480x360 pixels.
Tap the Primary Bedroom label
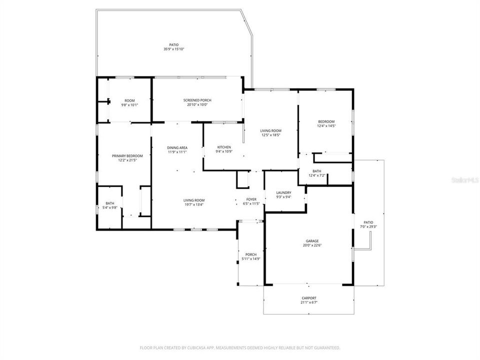pyautogui.click(x=127, y=156)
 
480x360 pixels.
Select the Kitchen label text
pyautogui.click(x=223, y=146)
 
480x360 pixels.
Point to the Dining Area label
pyautogui.click(x=177, y=147)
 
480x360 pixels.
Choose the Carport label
pyautogui.click(x=309, y=298)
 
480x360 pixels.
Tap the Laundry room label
pyautogui.click(x=284, y=192)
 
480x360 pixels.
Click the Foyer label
pyautogui.click(x=251, y=199)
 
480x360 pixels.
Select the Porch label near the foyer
pyautogui.click(x=250, y=254)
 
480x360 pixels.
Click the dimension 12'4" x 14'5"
pyautogui.click(x=326, y=126)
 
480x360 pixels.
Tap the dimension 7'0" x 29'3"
pyautogui.click(x=368, y=226)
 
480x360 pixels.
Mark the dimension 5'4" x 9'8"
pyautogui.click(x=110, y=207)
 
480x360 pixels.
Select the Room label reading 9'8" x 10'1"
pyautogui.click(x=129, y=105)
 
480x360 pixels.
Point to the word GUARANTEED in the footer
pyautogui.click(x=325, y=347)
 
